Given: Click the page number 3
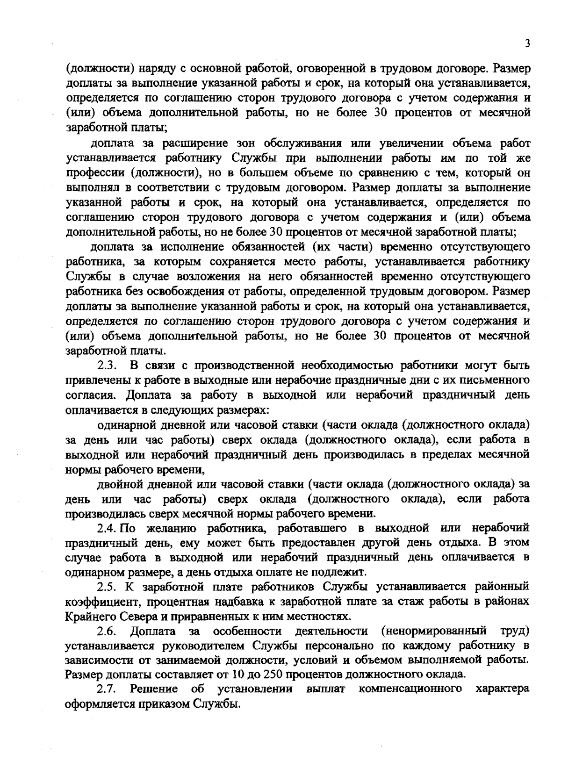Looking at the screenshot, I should (x=527, y=43).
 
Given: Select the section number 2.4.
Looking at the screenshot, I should (x=107, y=528).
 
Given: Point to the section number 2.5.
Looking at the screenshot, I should (x=107, y=587).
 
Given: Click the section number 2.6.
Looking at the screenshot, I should (x=107, y=632).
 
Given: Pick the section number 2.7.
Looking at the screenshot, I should (x=107, y=689).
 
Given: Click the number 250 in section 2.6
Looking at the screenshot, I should (x=273, y=675).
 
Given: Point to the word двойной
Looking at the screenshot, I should (x=121, y=483).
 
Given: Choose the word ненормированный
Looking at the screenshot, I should (x=434, y=632).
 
